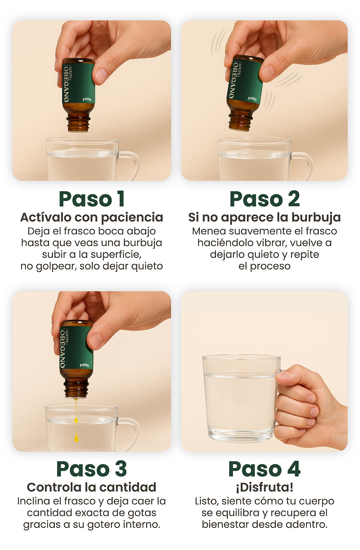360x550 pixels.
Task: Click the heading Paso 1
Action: coord(91,199)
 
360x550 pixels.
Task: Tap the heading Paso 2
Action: coord(264,199)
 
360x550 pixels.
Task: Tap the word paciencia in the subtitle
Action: coord(132,218)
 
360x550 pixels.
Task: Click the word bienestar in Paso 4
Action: coord(225,524)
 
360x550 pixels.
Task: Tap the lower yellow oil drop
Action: coord(76,438)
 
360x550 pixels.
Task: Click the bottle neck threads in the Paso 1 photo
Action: coord(78,124)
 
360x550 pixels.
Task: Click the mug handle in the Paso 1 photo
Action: coord(133,165)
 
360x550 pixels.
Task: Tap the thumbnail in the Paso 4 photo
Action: coord(284,375)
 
